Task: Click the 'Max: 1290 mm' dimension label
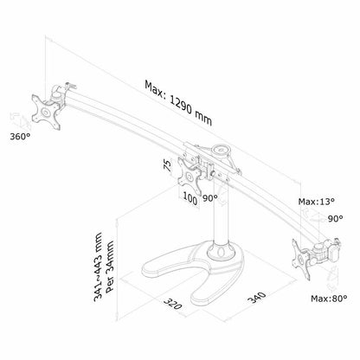click(178, 103)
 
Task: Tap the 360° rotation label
click(20, 136)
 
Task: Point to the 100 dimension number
click(190, 199)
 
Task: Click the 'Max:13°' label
click(317, 202)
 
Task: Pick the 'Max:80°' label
click(329, 299)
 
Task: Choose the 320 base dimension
click(172, 303)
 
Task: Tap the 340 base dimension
click(256, 298)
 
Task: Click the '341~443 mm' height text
click(98, 267)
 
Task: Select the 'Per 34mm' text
click(110, 267)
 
